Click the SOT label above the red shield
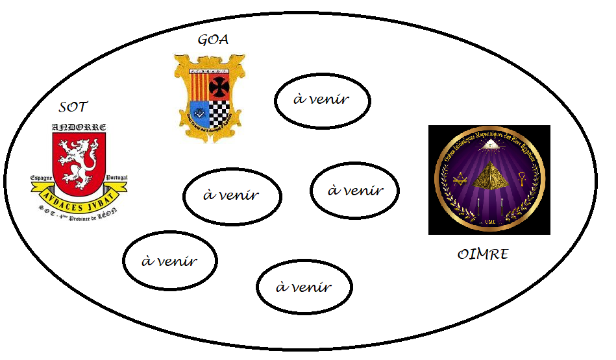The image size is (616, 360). (x=73, y=107)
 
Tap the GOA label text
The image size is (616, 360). (x=212, y=40)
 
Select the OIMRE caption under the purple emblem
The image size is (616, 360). (x=482, y=254)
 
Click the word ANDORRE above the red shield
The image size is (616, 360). (x=79, y=128)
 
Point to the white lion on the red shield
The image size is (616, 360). (x=78, y=159)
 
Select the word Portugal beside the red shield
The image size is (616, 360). (x=116, y=177)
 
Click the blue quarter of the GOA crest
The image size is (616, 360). (x=199, y=112)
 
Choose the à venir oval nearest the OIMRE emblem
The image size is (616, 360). (x=354, y=191)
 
